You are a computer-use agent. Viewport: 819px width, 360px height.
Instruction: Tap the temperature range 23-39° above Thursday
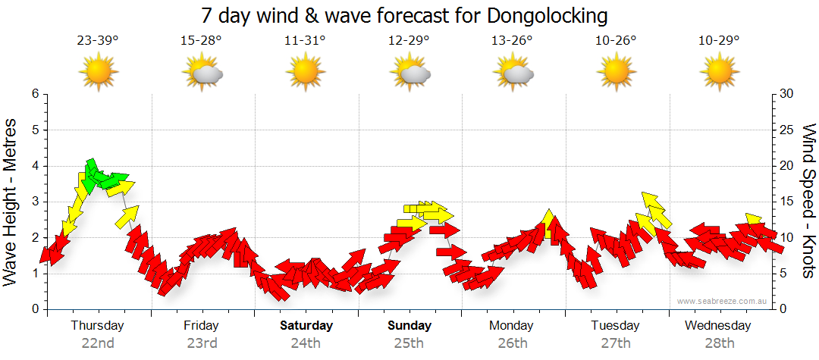[97, 40]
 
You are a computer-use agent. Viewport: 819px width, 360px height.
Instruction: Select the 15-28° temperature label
[201, 40]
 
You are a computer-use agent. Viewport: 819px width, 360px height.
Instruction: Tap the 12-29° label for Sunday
[409, 40]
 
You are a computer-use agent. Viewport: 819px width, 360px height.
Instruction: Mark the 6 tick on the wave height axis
[35, 94]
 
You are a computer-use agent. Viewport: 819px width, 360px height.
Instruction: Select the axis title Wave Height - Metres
[11, 201]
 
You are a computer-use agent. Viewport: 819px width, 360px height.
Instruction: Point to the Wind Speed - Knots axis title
[808, 201]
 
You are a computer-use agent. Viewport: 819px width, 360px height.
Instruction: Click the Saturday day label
[306, 326]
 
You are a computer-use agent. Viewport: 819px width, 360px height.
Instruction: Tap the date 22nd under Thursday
[98, 343]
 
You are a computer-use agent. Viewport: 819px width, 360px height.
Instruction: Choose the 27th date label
[616, 343]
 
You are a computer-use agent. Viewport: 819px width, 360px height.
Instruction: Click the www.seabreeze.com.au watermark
[723, 301]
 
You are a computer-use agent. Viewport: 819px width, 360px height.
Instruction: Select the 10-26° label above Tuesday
[616, 40]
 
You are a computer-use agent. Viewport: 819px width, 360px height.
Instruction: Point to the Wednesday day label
[717, 326]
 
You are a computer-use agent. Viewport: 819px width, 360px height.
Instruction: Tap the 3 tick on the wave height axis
[35, 202]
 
